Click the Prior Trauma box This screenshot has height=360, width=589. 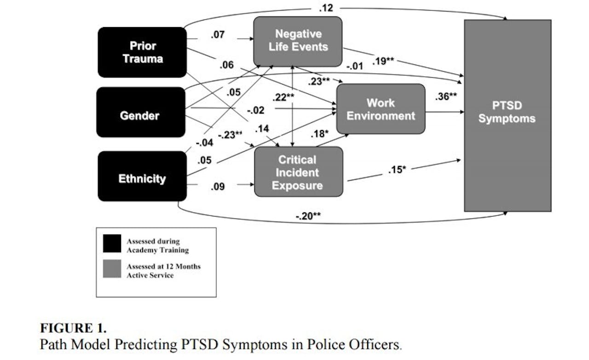(x=142, y=52)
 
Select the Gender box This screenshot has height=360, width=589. (x=140, y=112)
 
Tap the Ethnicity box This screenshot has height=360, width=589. (x=142, y=177)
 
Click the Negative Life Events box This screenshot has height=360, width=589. (x=298, y=41)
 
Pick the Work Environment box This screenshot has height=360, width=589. (x=381, y=109)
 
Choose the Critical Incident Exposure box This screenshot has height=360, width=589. (x=298, y=172)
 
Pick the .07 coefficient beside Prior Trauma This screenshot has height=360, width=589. (x=218, y=34)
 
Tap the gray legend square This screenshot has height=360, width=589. (x=112, y=269)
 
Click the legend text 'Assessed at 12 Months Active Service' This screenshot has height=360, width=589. (x=163, y=271)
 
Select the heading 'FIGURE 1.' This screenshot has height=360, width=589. (x=73, y=328)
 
